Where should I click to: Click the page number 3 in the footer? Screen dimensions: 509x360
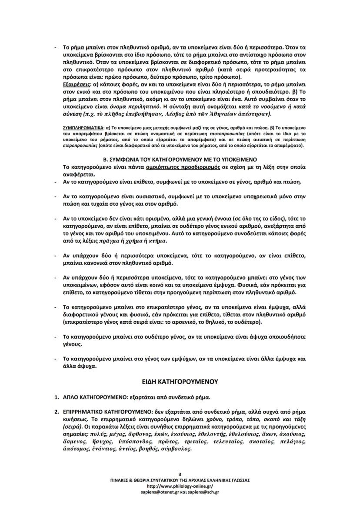click(180, 474)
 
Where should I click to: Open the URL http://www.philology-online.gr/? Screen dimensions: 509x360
click(180, 486)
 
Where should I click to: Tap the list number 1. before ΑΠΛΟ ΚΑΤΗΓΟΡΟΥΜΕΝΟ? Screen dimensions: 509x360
click(57, 397)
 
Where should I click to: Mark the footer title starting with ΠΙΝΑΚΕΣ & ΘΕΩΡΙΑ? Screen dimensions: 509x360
click(180, 480)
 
